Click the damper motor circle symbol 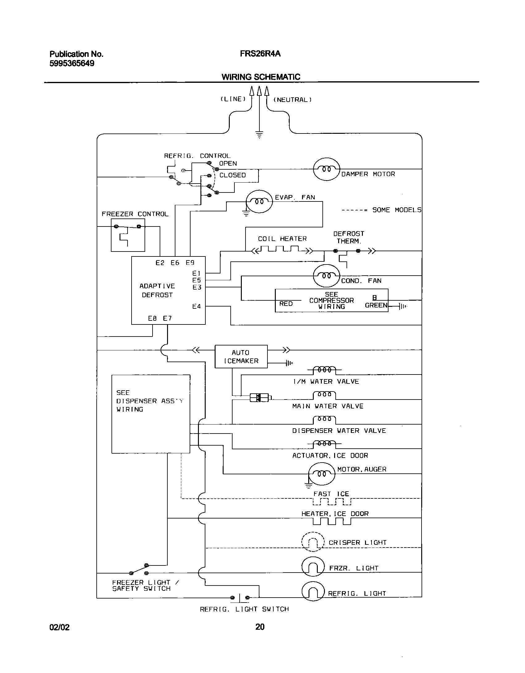[x=326, y=169]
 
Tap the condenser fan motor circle [x=326, y=276]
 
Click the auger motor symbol [x=321, y=474]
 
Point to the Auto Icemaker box [x=241, y=357]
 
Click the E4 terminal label [x=196, y=306]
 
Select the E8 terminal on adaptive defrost [x=152, y=318]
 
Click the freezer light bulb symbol [x=313, y=566]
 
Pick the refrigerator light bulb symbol [x=313, y=591]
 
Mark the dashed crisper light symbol [x=313, y=542]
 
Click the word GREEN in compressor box [x=376, y=305]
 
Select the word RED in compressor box [x=286, y=304]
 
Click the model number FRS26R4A [x=260, y=54]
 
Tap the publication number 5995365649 [x=72, y=64]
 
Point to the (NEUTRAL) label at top [x=292, y=100]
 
